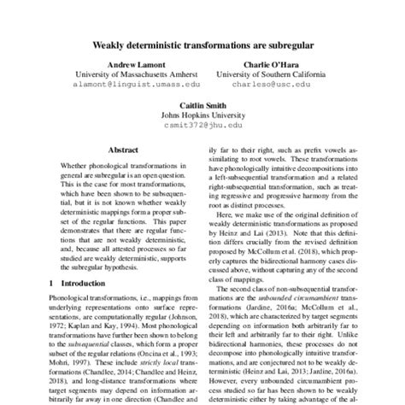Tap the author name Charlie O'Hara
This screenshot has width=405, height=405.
click(264, 64)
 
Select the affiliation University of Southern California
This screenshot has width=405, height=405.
click(264, 74)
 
